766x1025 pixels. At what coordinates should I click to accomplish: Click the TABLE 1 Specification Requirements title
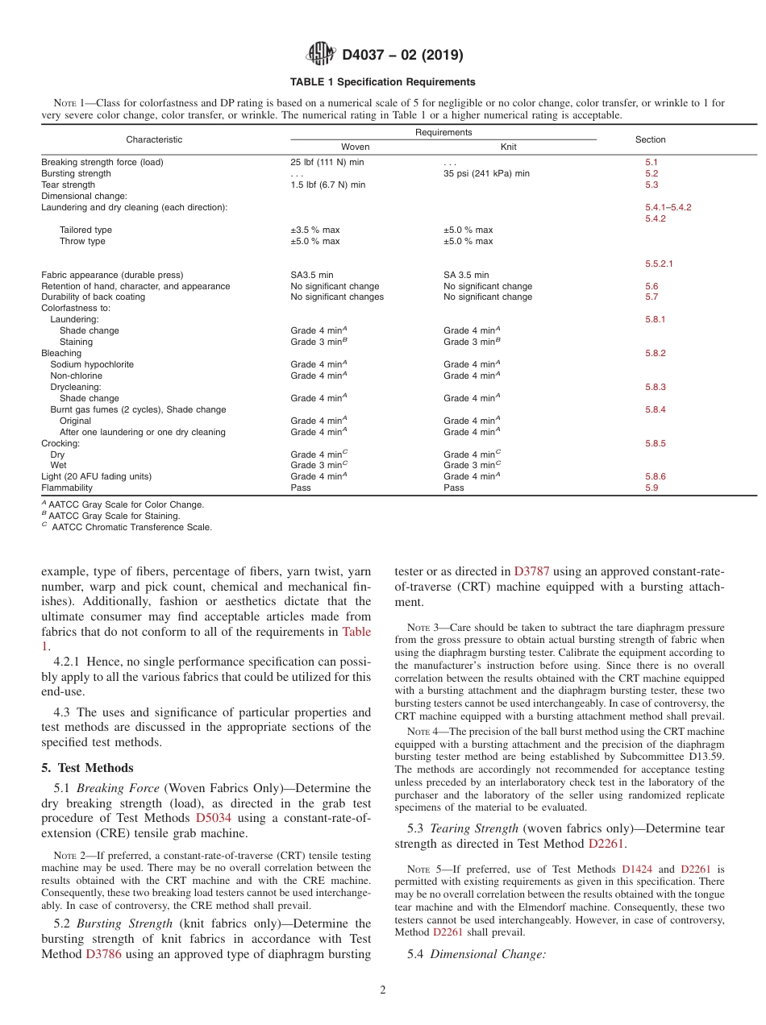click(x=383, y=82)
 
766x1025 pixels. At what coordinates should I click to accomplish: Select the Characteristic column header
click(x=154, y=139)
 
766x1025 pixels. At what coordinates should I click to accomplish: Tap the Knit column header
click(x=508, y=147)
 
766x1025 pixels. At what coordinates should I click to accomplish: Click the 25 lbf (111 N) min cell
click(x=327, y=162)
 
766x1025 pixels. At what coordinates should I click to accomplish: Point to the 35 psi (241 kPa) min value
click(x=486, y=173)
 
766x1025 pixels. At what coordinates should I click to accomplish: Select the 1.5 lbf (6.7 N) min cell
click(x=327, y=185)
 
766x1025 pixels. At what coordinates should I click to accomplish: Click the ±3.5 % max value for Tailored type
click(x=314, y=230)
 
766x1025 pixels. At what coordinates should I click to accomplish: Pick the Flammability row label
click(x=67, y=488)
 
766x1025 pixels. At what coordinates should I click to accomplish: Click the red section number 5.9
click(x=652, y=488)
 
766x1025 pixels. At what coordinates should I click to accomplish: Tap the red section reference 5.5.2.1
click(x=659, y=264)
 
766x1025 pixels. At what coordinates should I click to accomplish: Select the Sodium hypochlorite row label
click(x=91, y=364)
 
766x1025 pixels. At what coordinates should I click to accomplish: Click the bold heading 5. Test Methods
click(x=87, y=768)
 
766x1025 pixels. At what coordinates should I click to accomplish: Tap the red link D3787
click(x=531, y=571)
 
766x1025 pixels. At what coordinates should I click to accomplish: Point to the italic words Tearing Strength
click(x=474, y=828)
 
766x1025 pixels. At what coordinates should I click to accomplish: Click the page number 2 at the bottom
click(x=383, y=990)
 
